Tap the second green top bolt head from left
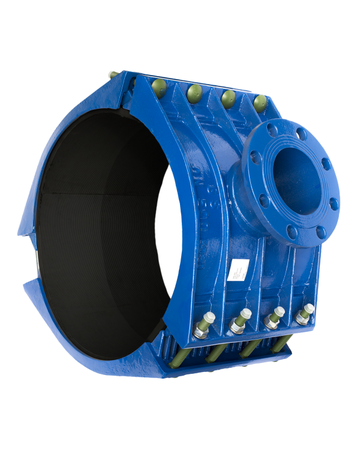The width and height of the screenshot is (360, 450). coord(193,91)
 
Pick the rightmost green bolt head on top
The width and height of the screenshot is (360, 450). coord(259,103)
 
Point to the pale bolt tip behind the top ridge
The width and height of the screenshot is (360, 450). coord(112,74)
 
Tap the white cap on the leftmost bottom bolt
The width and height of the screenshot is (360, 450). coord(210,317)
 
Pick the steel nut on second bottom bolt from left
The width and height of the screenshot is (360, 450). coord(235,326)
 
